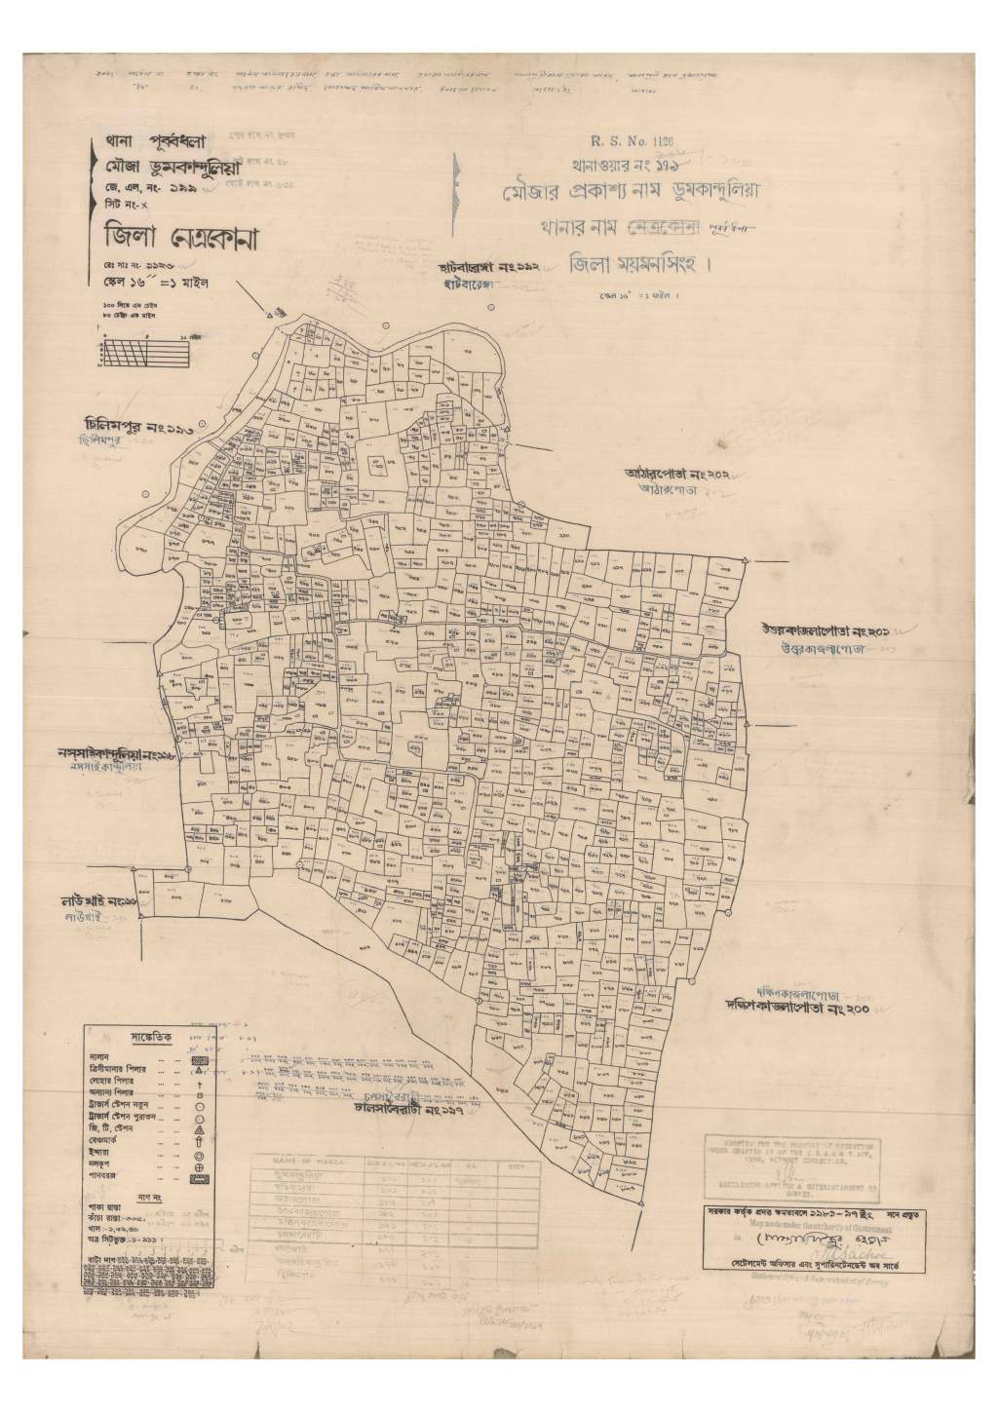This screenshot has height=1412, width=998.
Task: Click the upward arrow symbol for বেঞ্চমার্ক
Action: coord(198,1140)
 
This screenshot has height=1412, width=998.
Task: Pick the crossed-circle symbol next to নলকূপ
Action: coord(198,1164)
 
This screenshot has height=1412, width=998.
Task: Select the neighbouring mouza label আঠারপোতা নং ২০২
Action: coord(678,475)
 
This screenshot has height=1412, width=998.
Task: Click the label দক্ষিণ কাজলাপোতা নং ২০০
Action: coord(797,1008)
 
